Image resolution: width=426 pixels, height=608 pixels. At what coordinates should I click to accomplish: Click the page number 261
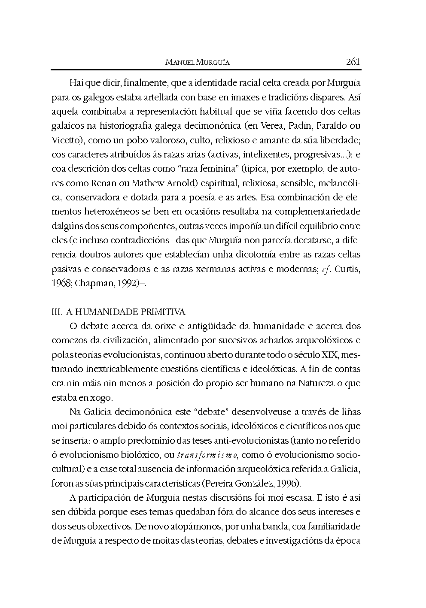(353, 62)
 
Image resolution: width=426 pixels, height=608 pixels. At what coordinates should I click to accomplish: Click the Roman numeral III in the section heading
(56, 312)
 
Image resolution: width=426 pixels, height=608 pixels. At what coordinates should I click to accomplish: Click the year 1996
(288, 484)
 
